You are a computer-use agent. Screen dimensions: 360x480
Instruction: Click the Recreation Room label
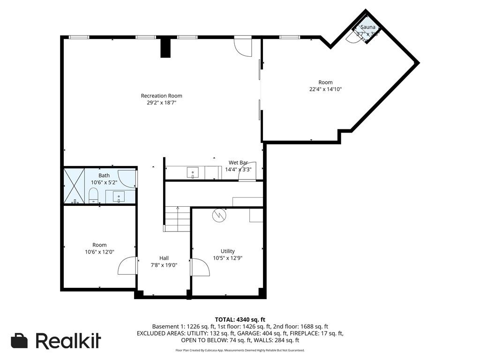(161, 96)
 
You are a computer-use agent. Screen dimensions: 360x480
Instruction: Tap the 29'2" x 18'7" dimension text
(161, 102)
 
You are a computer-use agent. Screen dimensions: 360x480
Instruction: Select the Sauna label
(367, 27)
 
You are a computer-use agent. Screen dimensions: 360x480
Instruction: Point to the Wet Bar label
(238, 163)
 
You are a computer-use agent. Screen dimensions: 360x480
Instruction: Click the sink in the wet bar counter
(193, 173)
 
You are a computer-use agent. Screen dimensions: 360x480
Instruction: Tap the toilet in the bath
(93, 195)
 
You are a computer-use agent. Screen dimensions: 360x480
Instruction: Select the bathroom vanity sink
(119, 197)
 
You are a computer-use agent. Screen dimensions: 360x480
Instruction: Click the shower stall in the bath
(74, 186)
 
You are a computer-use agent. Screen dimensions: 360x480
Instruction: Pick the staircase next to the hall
(177, 219)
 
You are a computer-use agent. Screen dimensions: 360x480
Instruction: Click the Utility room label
(227, 251)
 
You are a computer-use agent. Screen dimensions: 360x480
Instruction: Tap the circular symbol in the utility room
(219, 215)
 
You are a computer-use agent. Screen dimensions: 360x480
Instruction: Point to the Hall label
(164, 258)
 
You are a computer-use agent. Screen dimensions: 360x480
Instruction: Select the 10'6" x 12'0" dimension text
(99, 252)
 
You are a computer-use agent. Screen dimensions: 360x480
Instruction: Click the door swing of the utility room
(200, 268)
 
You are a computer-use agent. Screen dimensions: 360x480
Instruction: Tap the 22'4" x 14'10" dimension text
(325, 89)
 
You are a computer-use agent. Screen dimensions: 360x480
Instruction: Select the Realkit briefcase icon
(19, 341)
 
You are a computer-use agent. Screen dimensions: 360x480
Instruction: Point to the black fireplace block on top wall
(165, 47)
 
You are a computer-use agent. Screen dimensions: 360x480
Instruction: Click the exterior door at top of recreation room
(243, 45)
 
